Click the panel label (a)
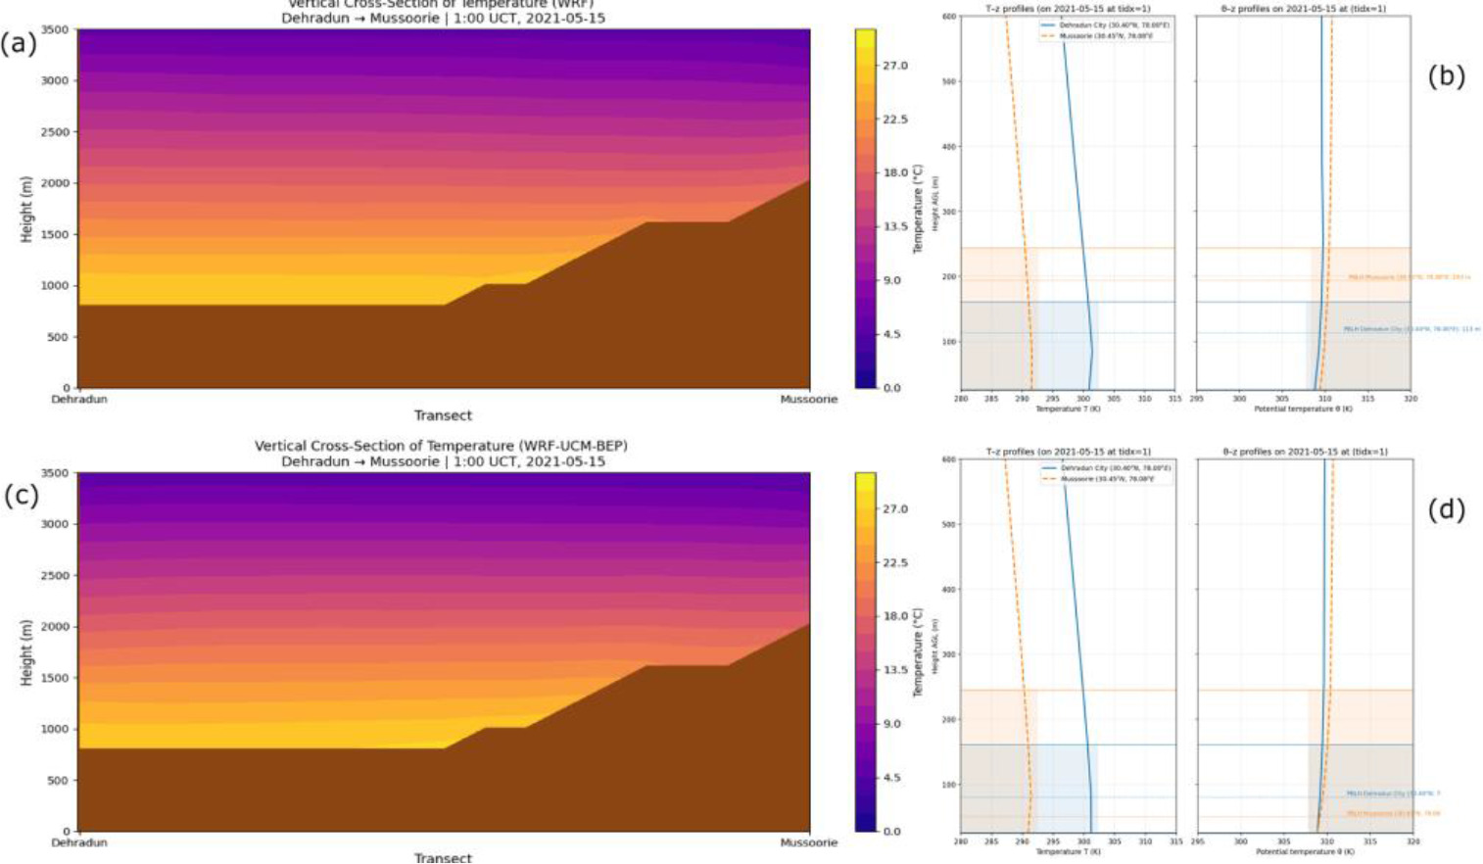pyautogui.click(x=19, y=44)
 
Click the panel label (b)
pyautogui.click(x=1446, y=76)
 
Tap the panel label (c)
pyautogui.click(x=22, y=495)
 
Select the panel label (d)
pyautogui.click(x=1446, y=509)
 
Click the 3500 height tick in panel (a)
pyautogui.click(x=55, y=30)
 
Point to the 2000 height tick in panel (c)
pyautogui.click(x=55, y=627)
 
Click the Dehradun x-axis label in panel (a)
pyautogui.click(x=79, y=400)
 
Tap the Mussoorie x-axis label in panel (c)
pyautogui.click(x=808, y=842)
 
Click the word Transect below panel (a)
pyautogui.click(x=443, y=415)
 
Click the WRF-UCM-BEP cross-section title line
pyautogui.click(x=441, y=446)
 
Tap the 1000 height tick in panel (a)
pyautogui.click(x=55, y=286)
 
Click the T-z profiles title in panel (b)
pyautogui.click(x=1067, y=9)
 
